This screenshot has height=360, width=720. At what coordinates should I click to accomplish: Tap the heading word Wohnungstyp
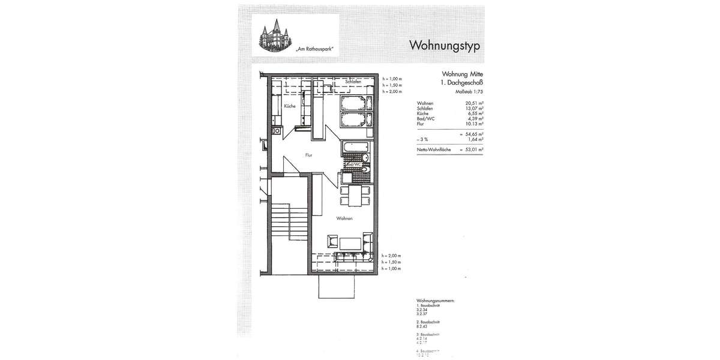(444, 46)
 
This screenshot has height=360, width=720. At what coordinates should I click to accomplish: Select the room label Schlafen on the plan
(353, 82)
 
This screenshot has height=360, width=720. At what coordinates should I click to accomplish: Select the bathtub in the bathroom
(357, 147)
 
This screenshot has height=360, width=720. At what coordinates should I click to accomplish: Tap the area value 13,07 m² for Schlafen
(475, 109)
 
